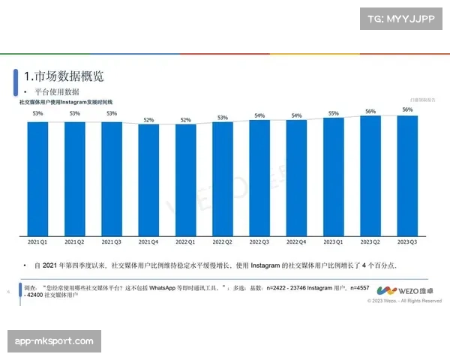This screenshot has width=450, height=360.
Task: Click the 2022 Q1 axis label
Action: coord(185,243)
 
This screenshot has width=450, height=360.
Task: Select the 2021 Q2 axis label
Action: coord(74,243)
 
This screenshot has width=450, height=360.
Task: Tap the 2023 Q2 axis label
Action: coord(370,243)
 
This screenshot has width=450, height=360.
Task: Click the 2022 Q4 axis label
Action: coord(296,243)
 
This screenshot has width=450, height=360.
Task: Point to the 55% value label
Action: coord(333,113)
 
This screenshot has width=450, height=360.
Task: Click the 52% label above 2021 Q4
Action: coord(148,119)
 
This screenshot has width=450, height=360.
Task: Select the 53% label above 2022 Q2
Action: coord(222,117)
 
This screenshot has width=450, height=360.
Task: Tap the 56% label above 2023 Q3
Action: coord(407,109)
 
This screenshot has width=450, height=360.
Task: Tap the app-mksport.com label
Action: coord(54,341)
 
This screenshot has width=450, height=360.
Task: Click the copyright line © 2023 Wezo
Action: coord(404,301)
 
